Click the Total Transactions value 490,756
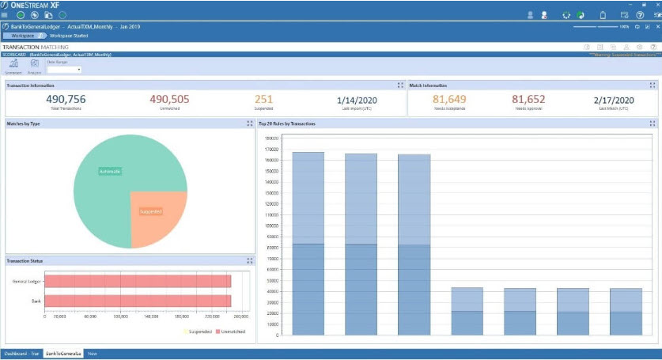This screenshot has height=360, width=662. pos(66,99)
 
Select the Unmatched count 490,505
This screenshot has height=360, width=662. pos(169,99)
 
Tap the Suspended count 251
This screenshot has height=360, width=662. pos(263,99)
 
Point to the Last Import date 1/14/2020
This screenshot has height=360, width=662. pos(358,100)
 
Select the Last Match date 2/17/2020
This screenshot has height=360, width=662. pos(614,100)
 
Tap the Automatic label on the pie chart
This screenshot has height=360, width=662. pos(109,171)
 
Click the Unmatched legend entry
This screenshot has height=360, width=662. pos(233,332)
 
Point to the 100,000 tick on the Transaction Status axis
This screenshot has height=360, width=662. pos(121,316)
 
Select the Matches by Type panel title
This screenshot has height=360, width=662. pos(25,124)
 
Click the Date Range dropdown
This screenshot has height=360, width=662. pos(64,70)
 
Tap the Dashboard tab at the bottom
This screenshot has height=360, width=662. pos(21,354)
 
